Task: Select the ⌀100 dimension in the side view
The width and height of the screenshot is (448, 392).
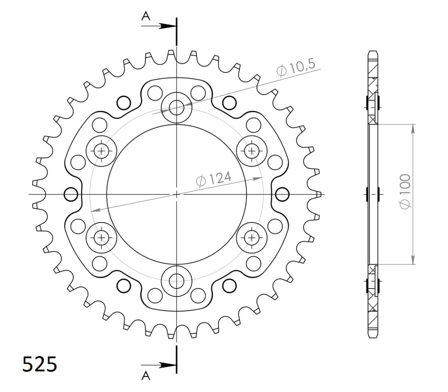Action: [x=405, y=190]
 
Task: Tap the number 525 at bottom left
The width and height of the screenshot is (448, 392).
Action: [x=40, y=364]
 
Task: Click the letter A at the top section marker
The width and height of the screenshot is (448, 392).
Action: [x=146, y=15]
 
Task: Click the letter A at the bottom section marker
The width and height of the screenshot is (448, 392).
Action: [x=146, y=376]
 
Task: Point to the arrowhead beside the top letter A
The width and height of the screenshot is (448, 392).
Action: [x=166, y=26]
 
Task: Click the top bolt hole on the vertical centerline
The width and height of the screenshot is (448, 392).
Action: [x=176, y=108]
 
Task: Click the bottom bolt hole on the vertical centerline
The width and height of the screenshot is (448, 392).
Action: [x=176, y=280]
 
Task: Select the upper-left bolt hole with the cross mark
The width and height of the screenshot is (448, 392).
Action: [x=101, y=151]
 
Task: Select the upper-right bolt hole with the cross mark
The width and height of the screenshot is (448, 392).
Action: [x=252, y=151]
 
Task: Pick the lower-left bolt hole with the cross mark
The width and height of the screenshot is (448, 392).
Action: [x=101, y=237]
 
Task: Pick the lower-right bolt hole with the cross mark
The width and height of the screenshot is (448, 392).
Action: [x=252, y=237]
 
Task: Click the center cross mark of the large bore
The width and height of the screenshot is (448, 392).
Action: [x=176, y=194]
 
